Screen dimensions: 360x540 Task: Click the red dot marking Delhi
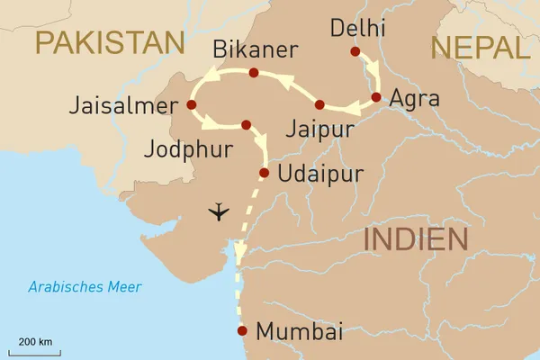(x=355, y=51)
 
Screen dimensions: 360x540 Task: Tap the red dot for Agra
(x=375, y=96)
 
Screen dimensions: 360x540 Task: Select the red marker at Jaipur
(x=319, y=104)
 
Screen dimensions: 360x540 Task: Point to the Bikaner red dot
(x=253, y=73)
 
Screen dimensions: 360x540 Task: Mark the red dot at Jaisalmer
(x=191, y=104)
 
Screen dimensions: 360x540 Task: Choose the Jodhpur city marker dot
(x=246, y=124)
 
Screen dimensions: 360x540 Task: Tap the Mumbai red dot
(x=241, y=331)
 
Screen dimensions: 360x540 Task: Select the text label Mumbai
(x=300, y=332)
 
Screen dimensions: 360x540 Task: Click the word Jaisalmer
(x=121, y=106)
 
